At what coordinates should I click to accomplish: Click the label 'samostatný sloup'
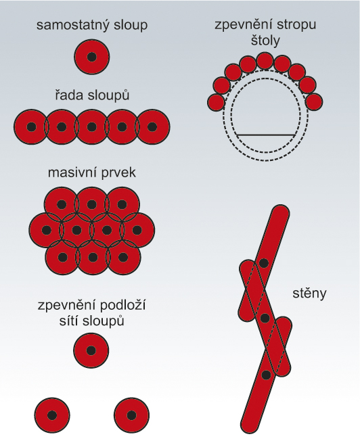click(92, 26)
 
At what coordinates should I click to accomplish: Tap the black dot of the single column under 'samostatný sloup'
click(92, 57)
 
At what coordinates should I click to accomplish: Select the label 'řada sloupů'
click(92, 95)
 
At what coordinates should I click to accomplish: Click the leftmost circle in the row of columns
click(32, 126)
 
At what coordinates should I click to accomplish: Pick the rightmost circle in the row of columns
click(152, 126)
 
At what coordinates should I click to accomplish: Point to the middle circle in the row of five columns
click(92, 126)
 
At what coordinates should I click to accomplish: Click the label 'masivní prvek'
click(92, 172)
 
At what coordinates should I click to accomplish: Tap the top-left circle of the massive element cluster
click(62, 204)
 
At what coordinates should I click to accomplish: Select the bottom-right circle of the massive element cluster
click(122, 258)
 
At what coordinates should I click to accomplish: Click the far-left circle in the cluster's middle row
click(47, 230)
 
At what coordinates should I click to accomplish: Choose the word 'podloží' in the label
click(122, 306)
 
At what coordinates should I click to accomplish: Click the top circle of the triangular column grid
click(91, 350)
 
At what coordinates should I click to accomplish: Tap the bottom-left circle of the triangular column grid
click(52, 415)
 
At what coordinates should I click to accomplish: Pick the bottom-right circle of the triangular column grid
click(131, 415)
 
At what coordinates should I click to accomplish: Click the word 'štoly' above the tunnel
click(265, 41)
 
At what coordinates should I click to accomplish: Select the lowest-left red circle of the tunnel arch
click(216, 102)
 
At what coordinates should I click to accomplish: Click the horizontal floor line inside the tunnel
click(265, 134)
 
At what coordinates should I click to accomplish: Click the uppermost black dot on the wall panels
click(264, 263)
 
